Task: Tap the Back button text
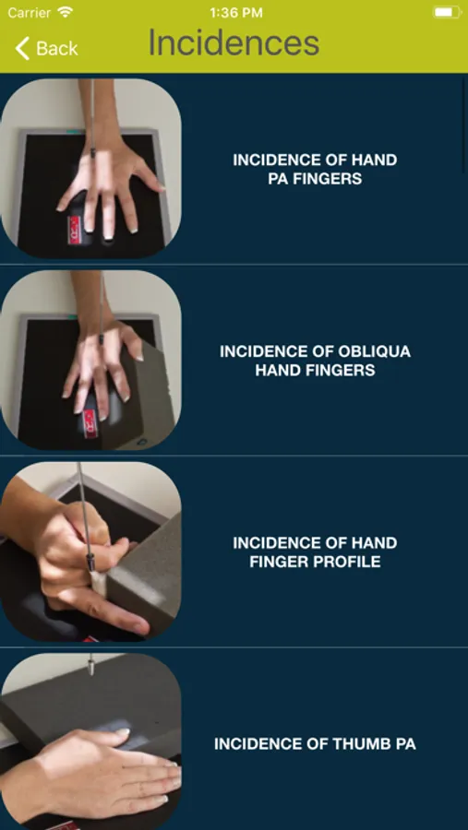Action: tap(57, 48)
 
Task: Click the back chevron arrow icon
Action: tap(22, 48)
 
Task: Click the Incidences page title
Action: tap(234, 42)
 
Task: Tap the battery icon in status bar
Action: tap(446, 12)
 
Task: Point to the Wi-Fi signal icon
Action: tap(66, 12)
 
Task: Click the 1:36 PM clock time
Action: tap(236, 13)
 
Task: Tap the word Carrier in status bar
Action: tap(30, 13)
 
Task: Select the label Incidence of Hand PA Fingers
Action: tap(315, 170)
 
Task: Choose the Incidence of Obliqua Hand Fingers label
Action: tap(315, 361)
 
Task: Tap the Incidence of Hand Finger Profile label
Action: tap(315, 552)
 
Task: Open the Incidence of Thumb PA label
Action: tap(315, 744)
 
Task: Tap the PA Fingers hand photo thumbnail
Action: tap(90, 169)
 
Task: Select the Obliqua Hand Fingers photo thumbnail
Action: tap(90, 360)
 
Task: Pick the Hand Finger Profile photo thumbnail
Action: tap(90, 551)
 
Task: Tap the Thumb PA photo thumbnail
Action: tap(90, 741)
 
